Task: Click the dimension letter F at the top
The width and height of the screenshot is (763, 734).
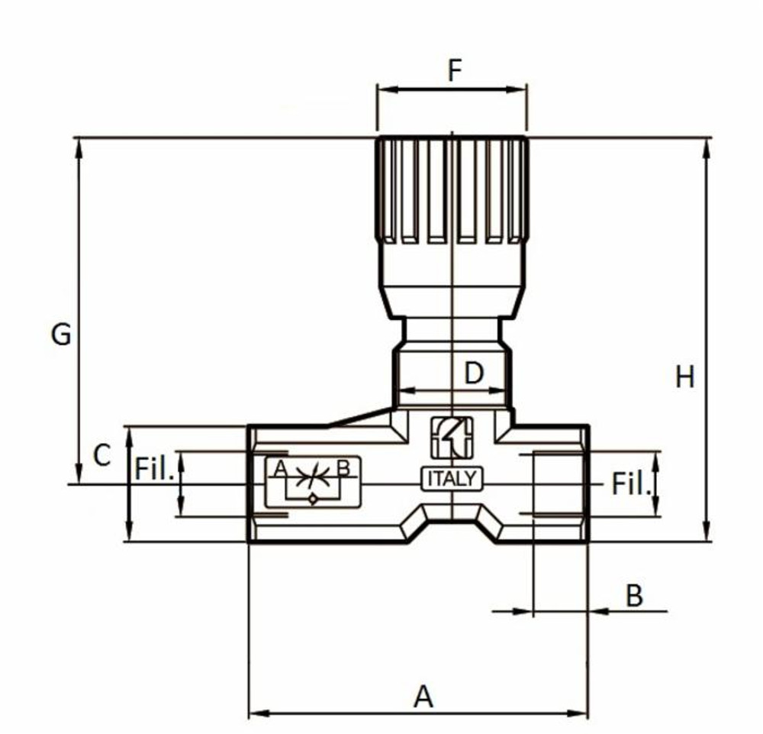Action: pyautogui.click(x=455, y=70)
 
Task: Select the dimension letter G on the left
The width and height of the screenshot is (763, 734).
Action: pyautogui.click(x=61, y=334)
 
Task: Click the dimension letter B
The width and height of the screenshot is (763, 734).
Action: pyautogui.click(x=634, y=596)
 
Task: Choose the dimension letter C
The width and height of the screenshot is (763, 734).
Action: pyautogui.click(x=102, y=455)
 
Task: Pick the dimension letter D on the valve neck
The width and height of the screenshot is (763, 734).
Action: pyautogui.click(x=475, y=373)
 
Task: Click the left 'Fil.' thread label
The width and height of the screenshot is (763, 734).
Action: pyautogui.click(x=155, y=468)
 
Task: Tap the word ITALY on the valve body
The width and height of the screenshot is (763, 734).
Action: pyautogui.click(x=452, y=479)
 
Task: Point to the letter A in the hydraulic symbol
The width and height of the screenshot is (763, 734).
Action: pyautogui.click(x=279, y=468)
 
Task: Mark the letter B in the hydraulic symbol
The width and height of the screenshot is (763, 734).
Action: pyautogui.click(x=343, y=468)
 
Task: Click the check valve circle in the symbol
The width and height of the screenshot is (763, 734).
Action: pyautogui.click(x=312, y=499)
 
